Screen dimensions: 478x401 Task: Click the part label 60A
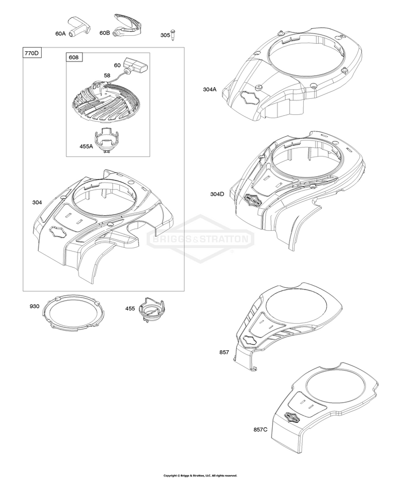tap(60, 33)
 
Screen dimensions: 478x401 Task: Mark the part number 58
tap(107, 76)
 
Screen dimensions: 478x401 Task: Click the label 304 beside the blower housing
tap(37, 202)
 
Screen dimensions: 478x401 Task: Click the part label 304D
tap(217, 194)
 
